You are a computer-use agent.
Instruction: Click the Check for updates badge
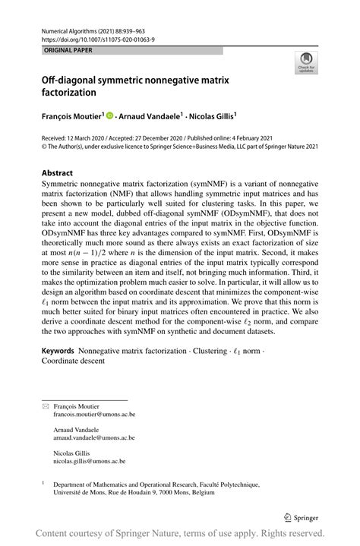pos(306,64)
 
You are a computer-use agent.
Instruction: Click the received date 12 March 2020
pos(90,137)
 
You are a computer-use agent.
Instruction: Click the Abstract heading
pos(57,172)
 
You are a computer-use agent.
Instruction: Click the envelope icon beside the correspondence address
pos(45,407)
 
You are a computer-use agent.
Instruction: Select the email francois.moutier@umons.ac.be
pos(93,415)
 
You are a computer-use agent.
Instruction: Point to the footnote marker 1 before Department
pos(43,482)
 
